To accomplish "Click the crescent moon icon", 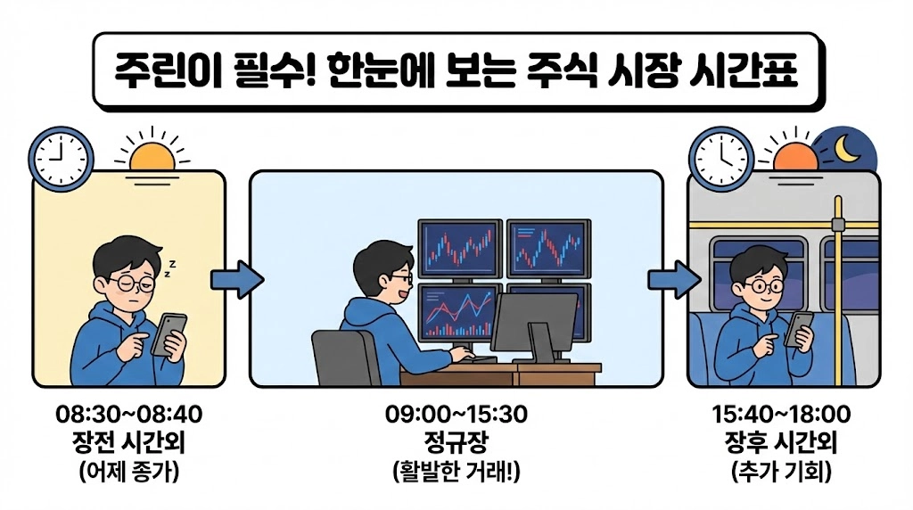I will pyautogui.click(x=848, y=152).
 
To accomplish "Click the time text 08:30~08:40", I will pyautogui.click(x=129, y=415).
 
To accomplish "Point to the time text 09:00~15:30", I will pyautogui.click(x=456, y=415).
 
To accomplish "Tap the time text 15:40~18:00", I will pyautogui.click(x=781, y=415).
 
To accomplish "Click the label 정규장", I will pyautogui.click(x=456, y=443).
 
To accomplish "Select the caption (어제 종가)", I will pyautogui.click(x=129, y=473).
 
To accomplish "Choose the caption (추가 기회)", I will pyautogui.click(x=781, y=473).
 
